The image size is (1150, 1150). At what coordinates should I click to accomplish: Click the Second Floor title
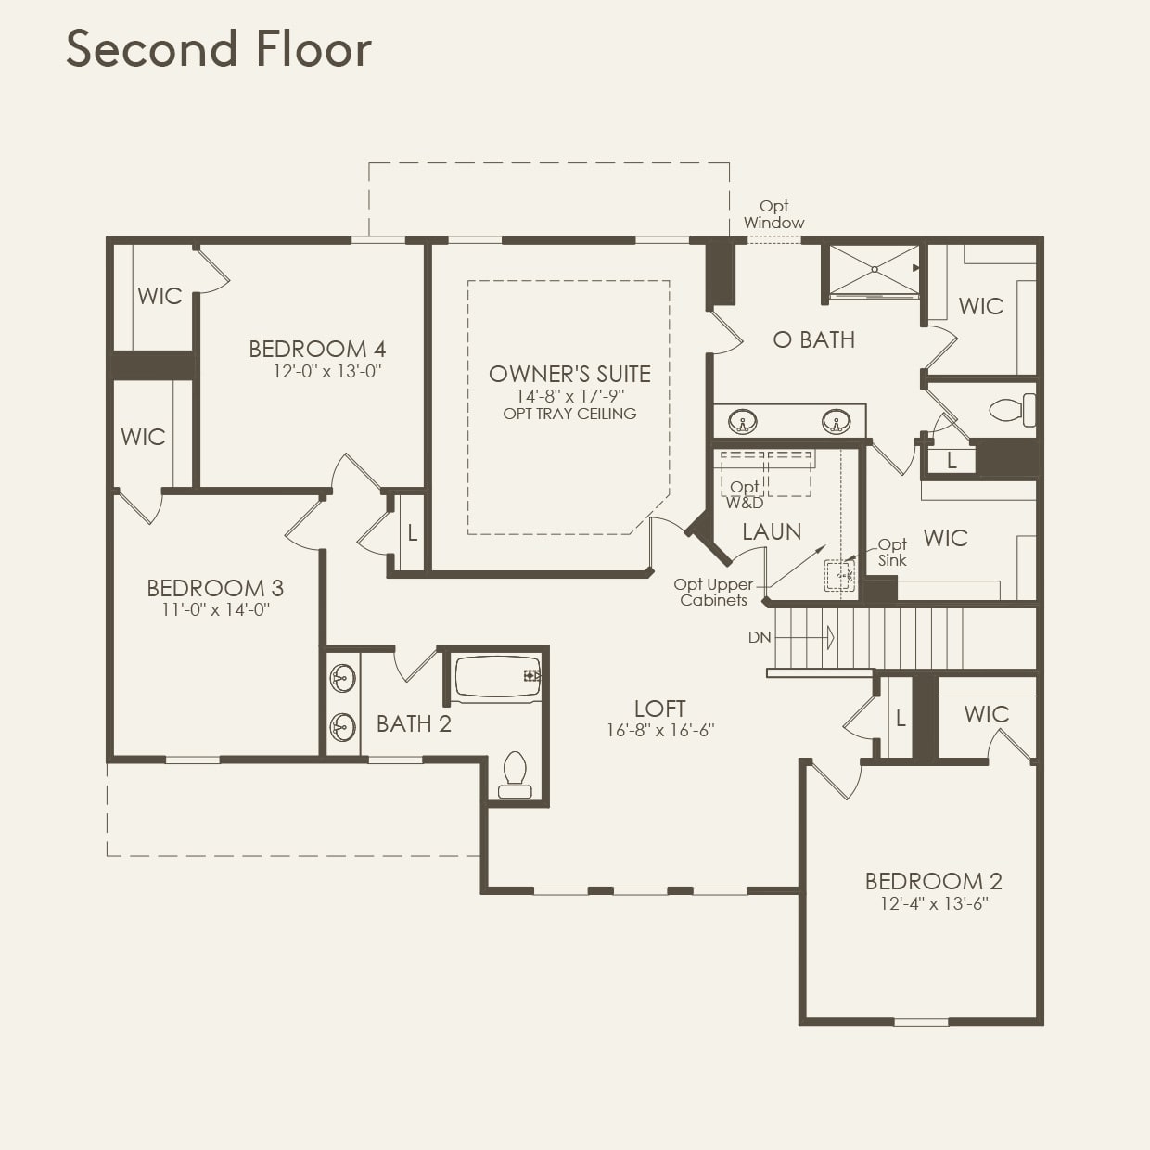[219, 49]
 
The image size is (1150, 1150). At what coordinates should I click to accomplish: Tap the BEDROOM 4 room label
[317, 350]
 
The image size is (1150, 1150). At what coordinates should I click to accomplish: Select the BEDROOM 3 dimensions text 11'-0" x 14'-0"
[215, 610]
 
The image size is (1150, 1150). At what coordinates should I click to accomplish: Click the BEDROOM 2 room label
[933, 881]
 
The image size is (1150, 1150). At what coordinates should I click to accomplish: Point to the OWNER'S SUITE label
[569, 374]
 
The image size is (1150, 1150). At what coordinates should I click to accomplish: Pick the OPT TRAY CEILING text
[569, 414]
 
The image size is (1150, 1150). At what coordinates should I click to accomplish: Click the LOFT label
[659, 709]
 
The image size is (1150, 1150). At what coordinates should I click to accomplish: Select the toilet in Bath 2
[514, 774]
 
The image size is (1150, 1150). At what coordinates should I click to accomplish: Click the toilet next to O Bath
[1011, 409]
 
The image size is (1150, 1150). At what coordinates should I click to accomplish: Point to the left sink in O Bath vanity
[743, 423]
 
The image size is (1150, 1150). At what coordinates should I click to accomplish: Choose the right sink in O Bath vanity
[837, 423]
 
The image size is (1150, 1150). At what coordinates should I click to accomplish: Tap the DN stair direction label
[760, 638]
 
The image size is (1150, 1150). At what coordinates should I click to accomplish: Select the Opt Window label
[773, 214]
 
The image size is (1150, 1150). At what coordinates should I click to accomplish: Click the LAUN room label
[772, 531]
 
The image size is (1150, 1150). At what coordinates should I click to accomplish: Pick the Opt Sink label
[892, 552]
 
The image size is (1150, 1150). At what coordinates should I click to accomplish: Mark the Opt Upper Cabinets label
[713, 592]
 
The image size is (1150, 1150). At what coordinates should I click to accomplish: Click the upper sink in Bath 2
[343, 680]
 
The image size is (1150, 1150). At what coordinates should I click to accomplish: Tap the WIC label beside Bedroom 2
[986, 714]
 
